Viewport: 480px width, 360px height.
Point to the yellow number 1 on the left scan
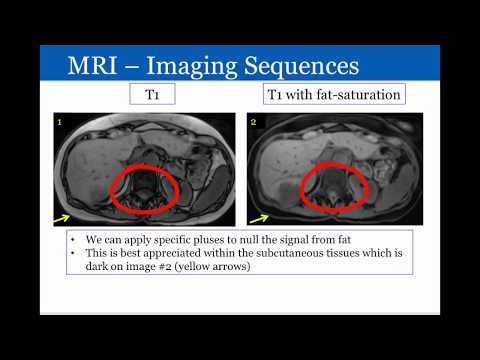(x=62, y=123)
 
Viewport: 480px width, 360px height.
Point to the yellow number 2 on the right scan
(x=253, y=123)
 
